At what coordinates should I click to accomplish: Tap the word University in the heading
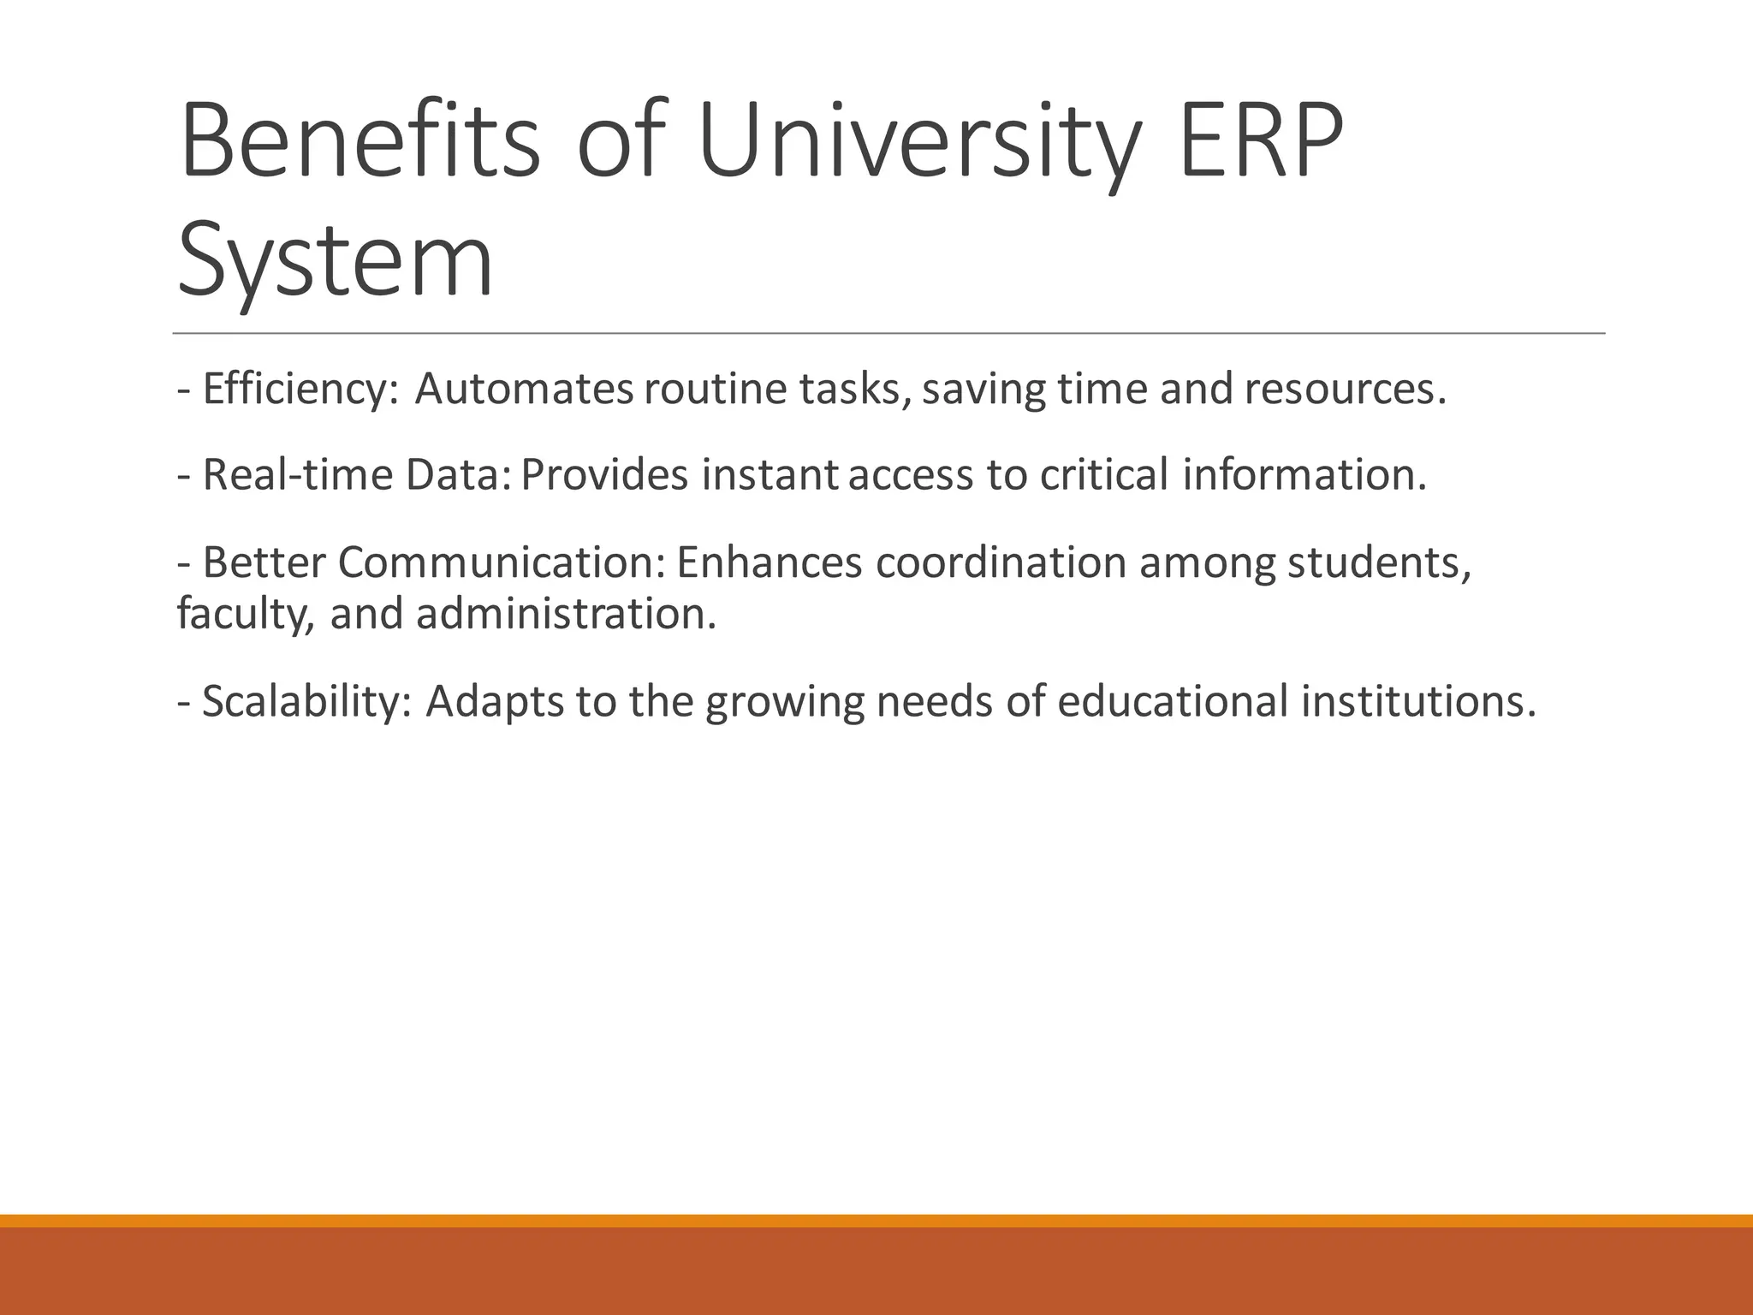(920, 141)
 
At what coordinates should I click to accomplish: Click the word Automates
(524, 390)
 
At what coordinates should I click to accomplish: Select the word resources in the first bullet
(1344, 390)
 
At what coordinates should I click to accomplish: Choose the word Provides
(604, 475)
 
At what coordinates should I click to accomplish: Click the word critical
(1104, 475)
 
